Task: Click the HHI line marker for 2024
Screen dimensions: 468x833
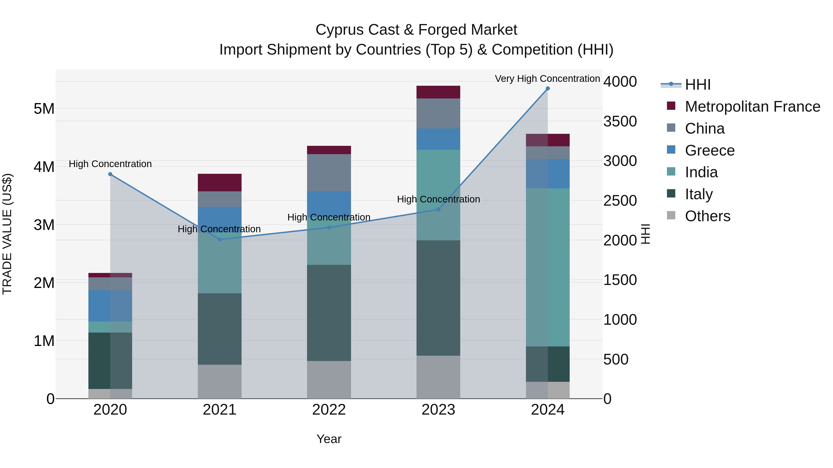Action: click(547, 89)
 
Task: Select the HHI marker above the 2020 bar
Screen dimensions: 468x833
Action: click(110, 174)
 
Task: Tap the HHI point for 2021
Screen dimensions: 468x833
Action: click(220, 239)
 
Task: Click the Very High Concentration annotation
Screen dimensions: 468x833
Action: click(547, 79)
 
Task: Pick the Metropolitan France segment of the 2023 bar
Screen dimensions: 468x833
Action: click(438, 92)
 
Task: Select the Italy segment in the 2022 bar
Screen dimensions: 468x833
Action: click(329, 313)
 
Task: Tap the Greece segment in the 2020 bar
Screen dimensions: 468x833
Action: click(110, 306)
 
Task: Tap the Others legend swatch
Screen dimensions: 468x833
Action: click(671, 215)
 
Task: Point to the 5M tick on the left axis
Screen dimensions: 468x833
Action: click(44, 109)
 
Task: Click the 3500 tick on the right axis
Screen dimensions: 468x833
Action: click(620, 121)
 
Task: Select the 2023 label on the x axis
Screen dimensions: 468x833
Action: click(438, 410)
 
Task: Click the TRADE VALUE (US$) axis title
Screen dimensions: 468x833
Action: click(7, 234)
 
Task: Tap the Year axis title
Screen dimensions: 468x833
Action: click(329, 439)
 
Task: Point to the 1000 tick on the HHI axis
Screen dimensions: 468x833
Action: click(620, 320)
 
